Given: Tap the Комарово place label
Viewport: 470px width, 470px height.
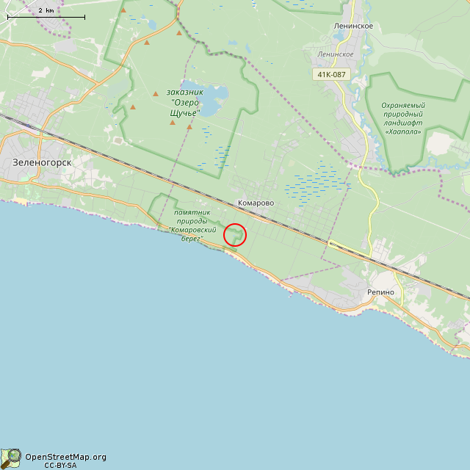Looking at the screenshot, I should click(256, 203).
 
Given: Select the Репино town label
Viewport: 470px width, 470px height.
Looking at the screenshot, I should click(381, 292).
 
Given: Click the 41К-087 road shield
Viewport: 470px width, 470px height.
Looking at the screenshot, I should click(333, 74).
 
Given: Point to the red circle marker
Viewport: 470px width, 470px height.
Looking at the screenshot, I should click(234, 235).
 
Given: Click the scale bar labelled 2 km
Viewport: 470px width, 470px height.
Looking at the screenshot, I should click(46, 16).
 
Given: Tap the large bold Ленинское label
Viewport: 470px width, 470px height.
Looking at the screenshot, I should click(354, 26).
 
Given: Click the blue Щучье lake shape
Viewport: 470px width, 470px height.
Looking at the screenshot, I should click(211, 100).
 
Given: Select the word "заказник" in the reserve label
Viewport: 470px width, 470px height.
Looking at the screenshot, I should click(184, 92).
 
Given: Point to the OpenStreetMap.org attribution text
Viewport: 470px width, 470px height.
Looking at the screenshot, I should click(65, 457).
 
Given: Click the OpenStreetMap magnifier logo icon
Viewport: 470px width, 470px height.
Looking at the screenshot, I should click(11, 458).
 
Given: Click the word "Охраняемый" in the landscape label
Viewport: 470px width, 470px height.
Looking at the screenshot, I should click(403, 105).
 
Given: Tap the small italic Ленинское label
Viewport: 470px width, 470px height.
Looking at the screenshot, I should click(336, 54).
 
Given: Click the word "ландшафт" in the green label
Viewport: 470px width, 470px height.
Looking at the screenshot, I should click(402, 124).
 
